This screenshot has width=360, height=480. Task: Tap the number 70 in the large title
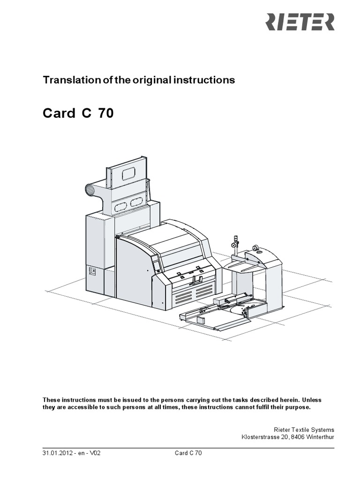105,114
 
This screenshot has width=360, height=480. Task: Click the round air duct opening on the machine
89,190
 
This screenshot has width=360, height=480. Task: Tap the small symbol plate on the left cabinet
92,271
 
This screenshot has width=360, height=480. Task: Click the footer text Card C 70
188,453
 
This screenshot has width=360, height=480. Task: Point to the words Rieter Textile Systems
304,429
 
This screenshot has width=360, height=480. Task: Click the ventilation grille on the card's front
192,295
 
